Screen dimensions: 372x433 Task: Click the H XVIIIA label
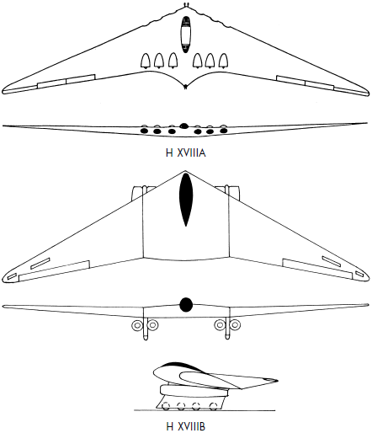pyautogui.click(x=186, y=153)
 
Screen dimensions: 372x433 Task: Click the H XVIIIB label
pyautogui.click(x=186, y=426)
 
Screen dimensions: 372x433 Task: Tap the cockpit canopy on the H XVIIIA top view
pyautogui.click(x=185, y=35)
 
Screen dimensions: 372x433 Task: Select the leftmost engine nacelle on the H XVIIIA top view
pyautogui.click(x=146, y=61)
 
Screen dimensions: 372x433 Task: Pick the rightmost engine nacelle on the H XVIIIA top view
pyautogui.click(x=223, y=61)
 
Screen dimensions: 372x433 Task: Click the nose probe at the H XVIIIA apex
pyautogui.click(x=185, y=5)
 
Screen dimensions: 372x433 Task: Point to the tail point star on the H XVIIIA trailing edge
pyautogui.click(x=185, y=87)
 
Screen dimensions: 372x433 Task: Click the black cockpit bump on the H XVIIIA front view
pyautogui.click(x=183, y=126)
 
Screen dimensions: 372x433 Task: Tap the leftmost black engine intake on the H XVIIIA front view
pyautogui.click(x=144, y=131)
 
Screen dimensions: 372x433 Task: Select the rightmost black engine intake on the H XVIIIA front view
pyautogui.click(x=224, y=131)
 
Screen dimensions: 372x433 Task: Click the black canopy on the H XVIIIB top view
pyautogui.click(x=186, y=200)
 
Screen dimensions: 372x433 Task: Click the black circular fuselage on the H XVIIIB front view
pyautogui.click(x=186, y=305)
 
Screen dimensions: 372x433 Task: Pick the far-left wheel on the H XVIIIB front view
pyautogui.click(x=137, y=325)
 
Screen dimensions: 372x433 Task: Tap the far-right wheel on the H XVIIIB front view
pyautogui.click(x=235, y=325)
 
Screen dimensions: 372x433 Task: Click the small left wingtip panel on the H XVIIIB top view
pyautogui.click(x=12, y=276)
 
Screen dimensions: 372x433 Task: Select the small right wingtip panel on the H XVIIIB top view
pyautogui.click(x=359, y=274)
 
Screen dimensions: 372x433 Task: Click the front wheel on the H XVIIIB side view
pyautogui.click(x=165, y=406)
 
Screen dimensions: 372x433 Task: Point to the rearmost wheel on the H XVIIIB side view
pyautogui.click(x=214, y=406)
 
